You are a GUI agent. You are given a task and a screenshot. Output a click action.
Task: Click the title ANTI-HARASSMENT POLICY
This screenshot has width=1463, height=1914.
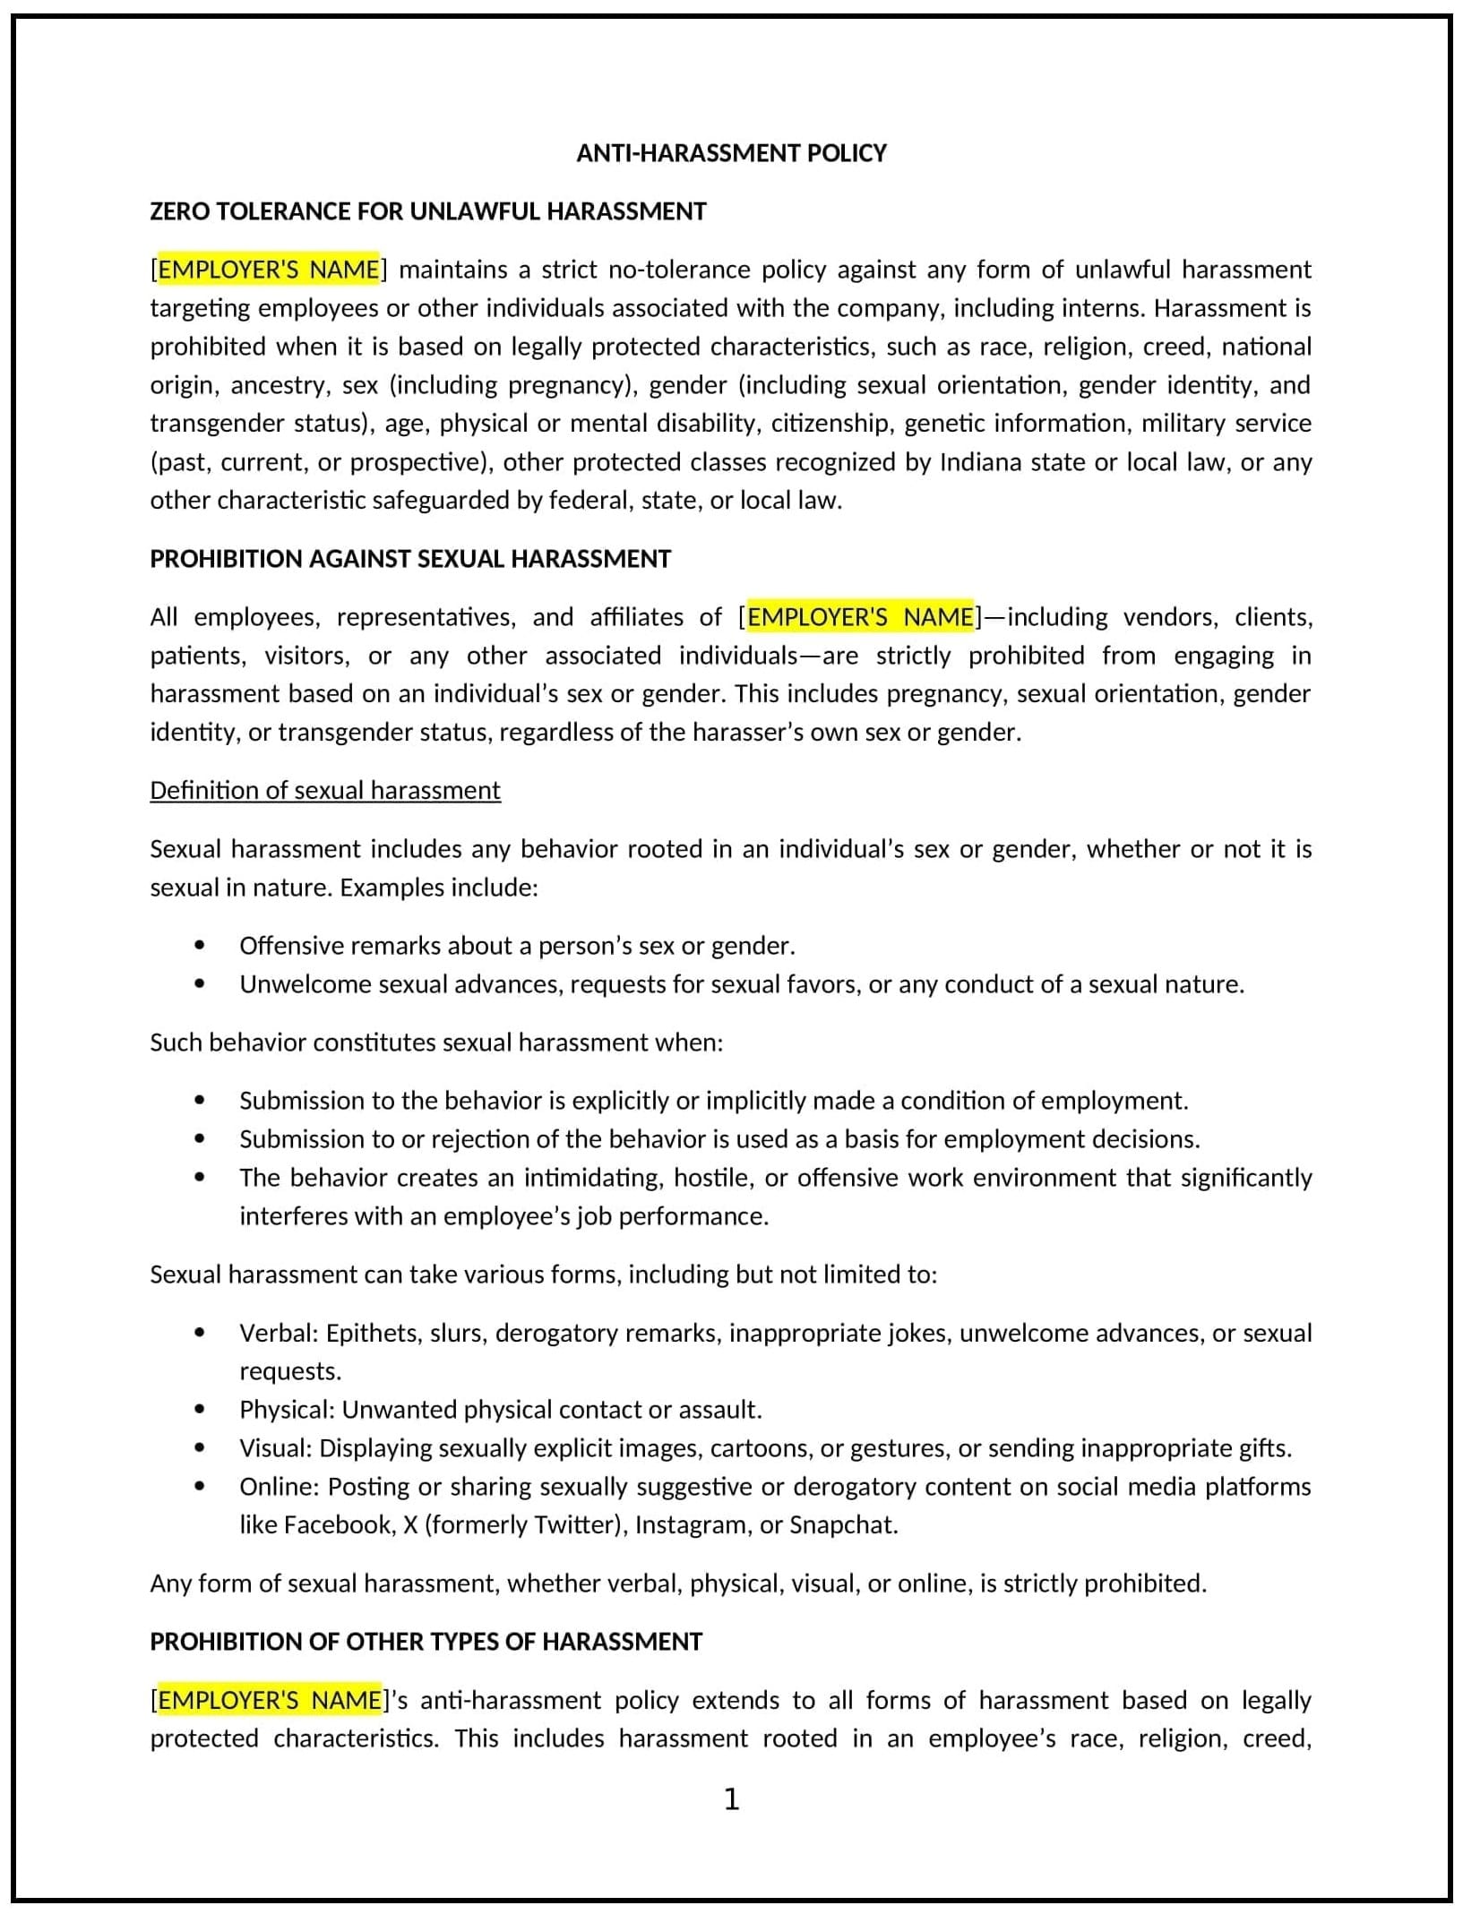[x=731, y=153]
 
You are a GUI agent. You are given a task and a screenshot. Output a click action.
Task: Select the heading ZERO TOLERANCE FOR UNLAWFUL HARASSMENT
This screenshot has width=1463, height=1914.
[x=427, y=211]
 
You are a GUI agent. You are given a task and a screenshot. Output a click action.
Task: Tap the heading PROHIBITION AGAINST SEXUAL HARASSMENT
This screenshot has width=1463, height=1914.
[x=409, y=559]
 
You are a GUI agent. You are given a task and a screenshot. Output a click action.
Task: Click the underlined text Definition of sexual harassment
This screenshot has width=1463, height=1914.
[x=324, y=790]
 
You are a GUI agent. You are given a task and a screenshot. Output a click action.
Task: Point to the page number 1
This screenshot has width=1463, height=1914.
[x=731, y=1799]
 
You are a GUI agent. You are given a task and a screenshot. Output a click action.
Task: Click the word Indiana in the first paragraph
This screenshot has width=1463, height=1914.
[x=980, y=462]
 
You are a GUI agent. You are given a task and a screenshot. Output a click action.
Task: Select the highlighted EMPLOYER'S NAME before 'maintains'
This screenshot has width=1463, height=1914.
[x=268, y=270]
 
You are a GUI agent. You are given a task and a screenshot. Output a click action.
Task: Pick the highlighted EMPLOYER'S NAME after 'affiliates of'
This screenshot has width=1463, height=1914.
[x=859, y=617]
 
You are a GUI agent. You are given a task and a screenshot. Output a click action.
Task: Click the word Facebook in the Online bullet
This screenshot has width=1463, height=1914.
[x=337, y=1525]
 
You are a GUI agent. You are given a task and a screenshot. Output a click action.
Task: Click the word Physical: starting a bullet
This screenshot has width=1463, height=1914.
[x=286, y=1410]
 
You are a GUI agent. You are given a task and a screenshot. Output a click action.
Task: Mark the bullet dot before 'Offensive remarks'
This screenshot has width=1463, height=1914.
[x=199, y=946]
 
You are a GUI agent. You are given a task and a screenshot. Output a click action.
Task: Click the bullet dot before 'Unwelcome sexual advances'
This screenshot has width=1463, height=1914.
[x=199, y=984]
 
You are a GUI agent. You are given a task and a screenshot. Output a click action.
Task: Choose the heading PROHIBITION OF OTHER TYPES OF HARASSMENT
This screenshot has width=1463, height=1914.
[x=426, y=1642]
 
